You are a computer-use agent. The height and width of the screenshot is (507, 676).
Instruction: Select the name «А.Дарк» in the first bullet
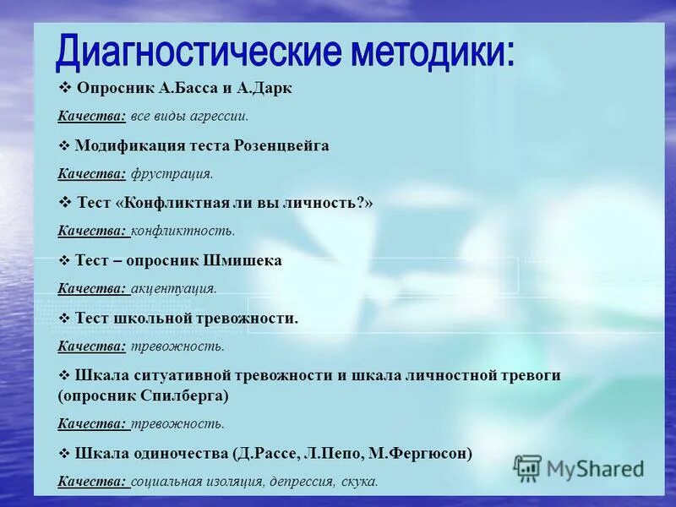click(x=265, y=89)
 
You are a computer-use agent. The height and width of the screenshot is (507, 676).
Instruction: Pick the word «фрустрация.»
click(x=172, y=174)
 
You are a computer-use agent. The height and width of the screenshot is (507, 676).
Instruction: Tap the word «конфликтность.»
click(x=183, y=231)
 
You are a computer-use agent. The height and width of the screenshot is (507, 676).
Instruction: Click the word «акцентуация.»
click(x=174, y=288)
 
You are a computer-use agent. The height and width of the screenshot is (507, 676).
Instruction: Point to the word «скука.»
click(x=360, y=482)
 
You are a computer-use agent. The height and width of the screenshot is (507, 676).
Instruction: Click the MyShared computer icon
click(x=527, y=467)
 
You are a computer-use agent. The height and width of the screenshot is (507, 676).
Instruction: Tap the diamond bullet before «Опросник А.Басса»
click(x=64, y=89)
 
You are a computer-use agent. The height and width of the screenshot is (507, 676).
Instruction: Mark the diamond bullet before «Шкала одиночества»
click(x=64, y=453)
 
